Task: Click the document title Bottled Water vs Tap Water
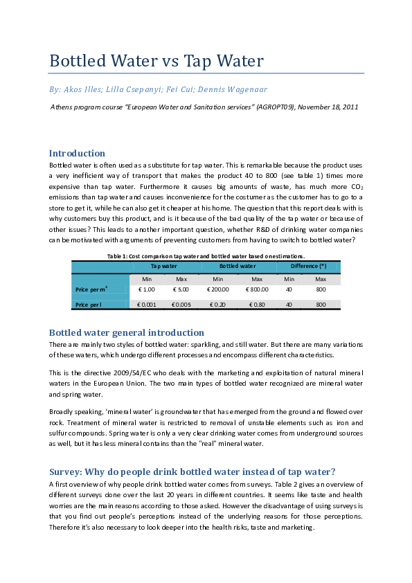tap(156, 61)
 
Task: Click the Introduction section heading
tap(77, 153)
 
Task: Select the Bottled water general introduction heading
tap(126, 332)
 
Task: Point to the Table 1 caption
tap(205, 256)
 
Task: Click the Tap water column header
tap(165, 266)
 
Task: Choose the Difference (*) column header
tap(308, 266)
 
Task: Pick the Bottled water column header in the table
tap(238, 266)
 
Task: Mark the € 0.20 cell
tap(218, 304)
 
